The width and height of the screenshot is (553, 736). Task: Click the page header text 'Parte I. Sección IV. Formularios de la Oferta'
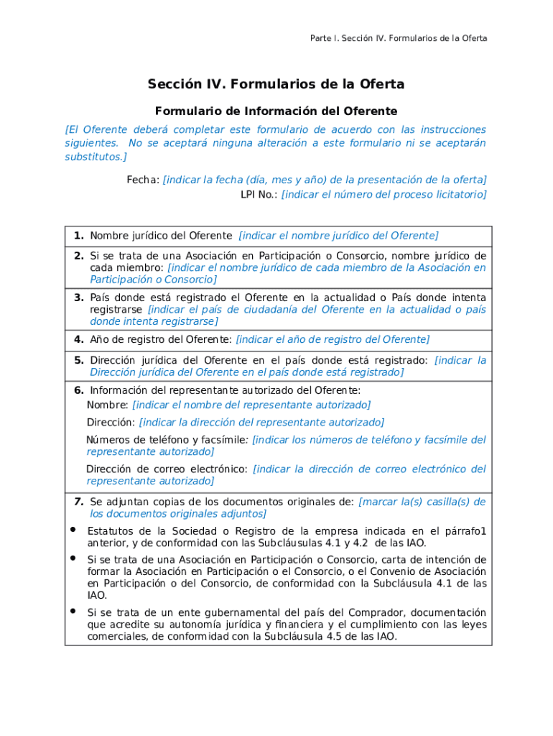point(399,38)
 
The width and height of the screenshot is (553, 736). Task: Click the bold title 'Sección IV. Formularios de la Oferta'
point(276,85)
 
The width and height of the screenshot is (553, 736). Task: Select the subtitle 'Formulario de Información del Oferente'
point(276,111)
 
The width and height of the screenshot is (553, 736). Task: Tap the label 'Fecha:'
point(144,180)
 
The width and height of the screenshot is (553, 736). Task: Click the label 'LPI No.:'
point(259,195)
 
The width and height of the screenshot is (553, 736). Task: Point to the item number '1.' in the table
point(79,236)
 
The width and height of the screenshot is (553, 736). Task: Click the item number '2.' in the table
point(79,256)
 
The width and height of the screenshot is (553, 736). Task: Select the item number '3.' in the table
point(79,298)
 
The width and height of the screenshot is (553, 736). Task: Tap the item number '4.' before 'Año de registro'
point(79,339)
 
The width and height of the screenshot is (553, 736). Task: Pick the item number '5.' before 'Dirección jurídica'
point(79,360)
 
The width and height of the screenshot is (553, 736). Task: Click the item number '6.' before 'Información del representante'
point(79,390)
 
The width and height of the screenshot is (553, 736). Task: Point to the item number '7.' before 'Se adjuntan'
point(79,502)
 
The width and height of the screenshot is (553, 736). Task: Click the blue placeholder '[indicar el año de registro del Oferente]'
point(333,339)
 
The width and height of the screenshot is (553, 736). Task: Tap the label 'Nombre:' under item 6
point(108,405)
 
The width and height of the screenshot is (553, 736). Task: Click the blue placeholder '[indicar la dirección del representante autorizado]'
point(261,423)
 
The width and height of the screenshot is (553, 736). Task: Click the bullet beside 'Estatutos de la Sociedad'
point(73,530)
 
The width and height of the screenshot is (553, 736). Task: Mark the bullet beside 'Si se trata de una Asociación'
point(73,558)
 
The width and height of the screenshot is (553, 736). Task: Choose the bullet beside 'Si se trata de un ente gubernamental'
point(73,611)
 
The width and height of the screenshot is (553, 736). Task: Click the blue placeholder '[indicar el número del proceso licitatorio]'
point(384,195)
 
